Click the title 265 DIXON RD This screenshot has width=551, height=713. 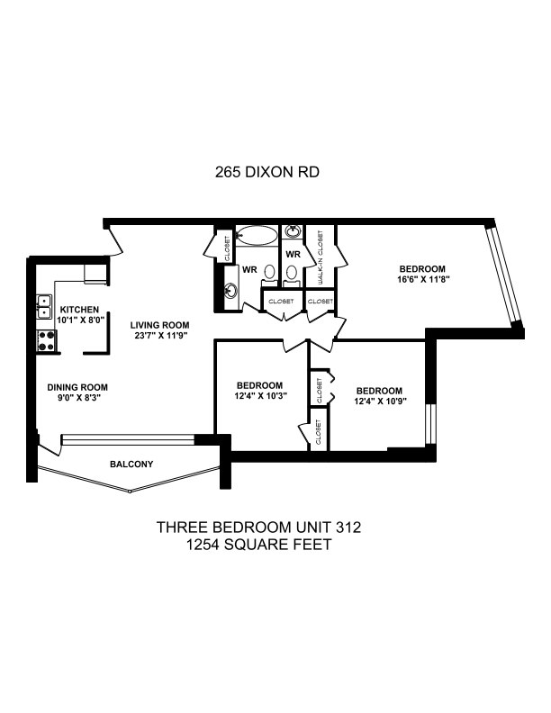click(x=266, y=172)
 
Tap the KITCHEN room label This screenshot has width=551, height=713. click(x=79, y=310)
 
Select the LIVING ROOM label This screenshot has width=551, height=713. click(x=159, y=325)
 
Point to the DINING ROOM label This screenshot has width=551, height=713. click(x=77, y=387)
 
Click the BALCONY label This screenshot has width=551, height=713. click(x=131, y=465)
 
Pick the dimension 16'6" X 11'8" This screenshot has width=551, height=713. click(x=423, y=279)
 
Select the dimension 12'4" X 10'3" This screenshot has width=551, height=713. click(x=260, y=395)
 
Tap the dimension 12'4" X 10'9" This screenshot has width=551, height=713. click(x=380, y=402)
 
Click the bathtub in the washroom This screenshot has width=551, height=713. click(x=257, y=236)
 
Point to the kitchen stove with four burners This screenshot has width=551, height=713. click(x=47, y=341)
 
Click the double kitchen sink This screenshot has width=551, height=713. click(x=44, y=306)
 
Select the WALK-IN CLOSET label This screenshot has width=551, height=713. click(x=321, y=257)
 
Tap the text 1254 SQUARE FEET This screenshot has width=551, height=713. click(x=258, y=545)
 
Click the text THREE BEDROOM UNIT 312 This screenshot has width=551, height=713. click(x=258, y=527)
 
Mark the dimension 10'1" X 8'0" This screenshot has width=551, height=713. click(x=81, y=320)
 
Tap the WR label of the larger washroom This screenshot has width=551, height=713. click(x=249, y=270)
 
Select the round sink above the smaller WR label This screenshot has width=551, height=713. click(x=293, y=232)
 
